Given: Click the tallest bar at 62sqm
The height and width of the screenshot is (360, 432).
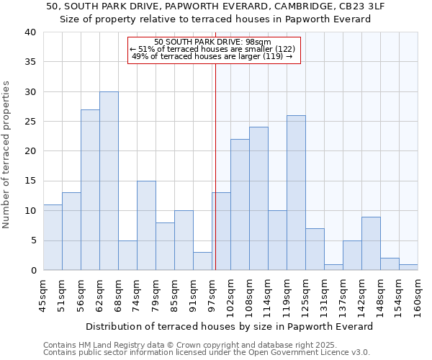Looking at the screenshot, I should [x=109, y=181].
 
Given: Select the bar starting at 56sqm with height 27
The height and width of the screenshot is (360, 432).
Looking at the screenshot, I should [x=90, y=190].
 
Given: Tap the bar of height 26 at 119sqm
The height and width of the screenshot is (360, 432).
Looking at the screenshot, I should [x=296, y=193].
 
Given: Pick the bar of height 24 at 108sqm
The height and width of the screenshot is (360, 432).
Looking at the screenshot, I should [x=258, y=199].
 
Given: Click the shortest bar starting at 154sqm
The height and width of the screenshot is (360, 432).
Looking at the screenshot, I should [x=408, y=267].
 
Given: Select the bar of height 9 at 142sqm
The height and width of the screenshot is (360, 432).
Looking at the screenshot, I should [x=371, y=243].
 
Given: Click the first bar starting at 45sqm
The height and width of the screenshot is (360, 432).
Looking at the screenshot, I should [x=53, y=238].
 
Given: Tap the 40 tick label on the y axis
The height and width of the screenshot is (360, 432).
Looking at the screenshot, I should [x=30, y=32].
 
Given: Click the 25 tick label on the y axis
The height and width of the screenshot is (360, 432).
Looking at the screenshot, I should [x=30, y=122].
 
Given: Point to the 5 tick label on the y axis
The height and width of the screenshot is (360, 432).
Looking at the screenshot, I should [x=32, y=240].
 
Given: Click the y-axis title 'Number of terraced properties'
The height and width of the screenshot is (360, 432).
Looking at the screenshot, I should [x=6, y=155].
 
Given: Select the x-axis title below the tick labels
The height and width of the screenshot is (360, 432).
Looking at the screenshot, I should [x=230, y=326].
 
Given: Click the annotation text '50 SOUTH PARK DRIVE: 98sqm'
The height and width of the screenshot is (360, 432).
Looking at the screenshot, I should [x=212, y=42].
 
